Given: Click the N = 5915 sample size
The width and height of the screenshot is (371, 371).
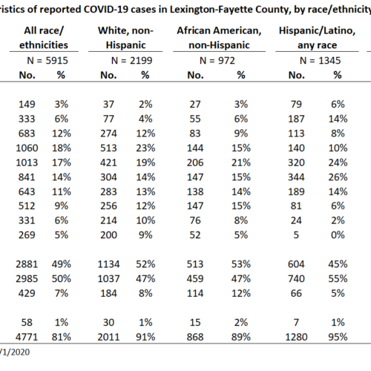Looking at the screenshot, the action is click(47, 61).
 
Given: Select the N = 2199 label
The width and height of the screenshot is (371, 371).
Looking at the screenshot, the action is click(131, 61).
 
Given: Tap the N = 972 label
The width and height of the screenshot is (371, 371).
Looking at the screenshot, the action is click(217, 61).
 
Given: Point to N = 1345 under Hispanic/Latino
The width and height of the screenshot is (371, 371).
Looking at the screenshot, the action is click(320, 61).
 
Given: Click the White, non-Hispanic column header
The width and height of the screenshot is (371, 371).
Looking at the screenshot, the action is click(125, 38).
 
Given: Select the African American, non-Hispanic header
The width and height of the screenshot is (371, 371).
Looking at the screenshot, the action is click(219, 38).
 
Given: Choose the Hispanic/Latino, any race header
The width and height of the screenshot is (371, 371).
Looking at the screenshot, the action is click(317, 38).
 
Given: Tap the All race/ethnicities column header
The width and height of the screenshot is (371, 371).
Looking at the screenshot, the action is click(44, 38).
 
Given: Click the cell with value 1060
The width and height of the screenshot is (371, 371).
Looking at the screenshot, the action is click(27, 148).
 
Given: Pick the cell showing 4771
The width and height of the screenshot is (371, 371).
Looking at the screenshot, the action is click(27, 337).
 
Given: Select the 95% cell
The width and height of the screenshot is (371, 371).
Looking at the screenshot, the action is click(338, 337).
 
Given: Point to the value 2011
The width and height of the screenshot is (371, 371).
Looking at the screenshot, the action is click(108, 337).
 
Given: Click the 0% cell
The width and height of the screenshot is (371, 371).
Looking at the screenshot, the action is click(338, 235).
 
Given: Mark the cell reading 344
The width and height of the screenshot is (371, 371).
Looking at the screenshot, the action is click(296, 177).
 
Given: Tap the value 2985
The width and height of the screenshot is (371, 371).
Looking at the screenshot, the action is click(27, 279).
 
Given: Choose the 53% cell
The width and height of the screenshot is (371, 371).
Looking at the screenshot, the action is click(241, 264).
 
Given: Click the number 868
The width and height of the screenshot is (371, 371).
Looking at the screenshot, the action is click(195, 337).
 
